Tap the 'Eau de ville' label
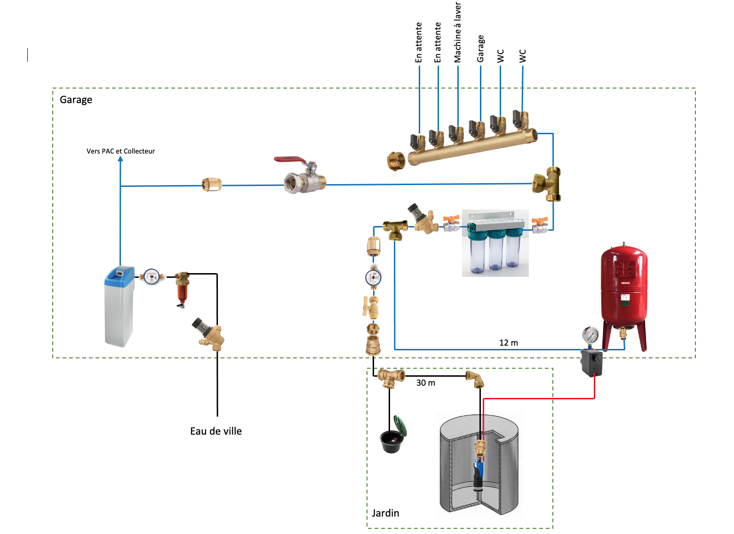point(216,431)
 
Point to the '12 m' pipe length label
point(509,343)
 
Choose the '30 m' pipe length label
point(426,383)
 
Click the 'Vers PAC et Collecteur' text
point(120,151)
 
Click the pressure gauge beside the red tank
point(590,335)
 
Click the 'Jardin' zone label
point(385,513)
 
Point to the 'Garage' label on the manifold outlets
point(480,49)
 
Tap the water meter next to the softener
point(152,276)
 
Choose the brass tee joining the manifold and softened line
point(547,184)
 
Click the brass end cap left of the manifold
point(396,161)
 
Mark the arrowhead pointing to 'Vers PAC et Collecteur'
point(120,159)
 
